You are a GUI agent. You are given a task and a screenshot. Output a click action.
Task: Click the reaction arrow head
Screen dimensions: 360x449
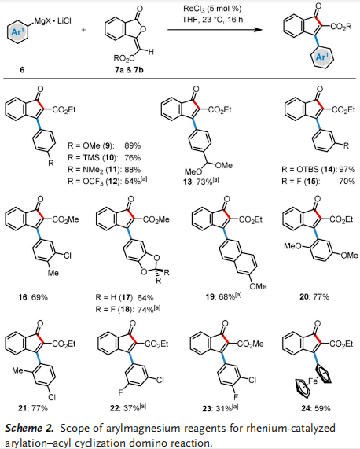click(x=258, y=30)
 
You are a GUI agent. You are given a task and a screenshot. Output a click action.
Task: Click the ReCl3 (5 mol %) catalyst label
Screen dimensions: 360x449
click(x=212, y=9)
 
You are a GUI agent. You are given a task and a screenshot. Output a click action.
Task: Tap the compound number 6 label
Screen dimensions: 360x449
click(x=22, y=69)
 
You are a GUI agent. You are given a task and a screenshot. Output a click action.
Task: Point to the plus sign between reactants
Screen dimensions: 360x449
click(x=84, y=30)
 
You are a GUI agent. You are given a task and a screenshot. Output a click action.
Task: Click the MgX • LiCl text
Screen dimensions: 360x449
click(x=53, y=21)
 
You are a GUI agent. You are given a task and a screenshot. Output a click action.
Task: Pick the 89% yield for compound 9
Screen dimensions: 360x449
click(x=133, y=145)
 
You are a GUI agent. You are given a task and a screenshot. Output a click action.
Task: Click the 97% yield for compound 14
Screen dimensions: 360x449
click(x=347, y=169)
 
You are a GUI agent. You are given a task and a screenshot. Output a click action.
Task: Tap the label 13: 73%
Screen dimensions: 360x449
click(x=200, y=182)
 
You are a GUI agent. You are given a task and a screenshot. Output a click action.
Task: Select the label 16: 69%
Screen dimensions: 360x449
click(x=33, y=297)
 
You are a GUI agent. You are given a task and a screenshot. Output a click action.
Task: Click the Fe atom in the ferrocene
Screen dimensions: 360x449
click(x=313, y=381)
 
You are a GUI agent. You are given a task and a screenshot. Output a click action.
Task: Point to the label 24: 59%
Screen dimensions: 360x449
click(x=316, y=408)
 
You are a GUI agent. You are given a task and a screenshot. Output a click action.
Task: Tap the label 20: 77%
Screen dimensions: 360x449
click(x=314, y=297)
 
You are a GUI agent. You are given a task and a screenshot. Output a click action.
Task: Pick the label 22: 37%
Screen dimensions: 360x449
click(x=128, y=408)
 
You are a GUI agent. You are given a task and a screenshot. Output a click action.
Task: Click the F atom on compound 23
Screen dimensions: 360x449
click(x=236, y=397)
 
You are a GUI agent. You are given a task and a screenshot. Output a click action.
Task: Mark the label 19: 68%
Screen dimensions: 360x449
click(x=223, y=296)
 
